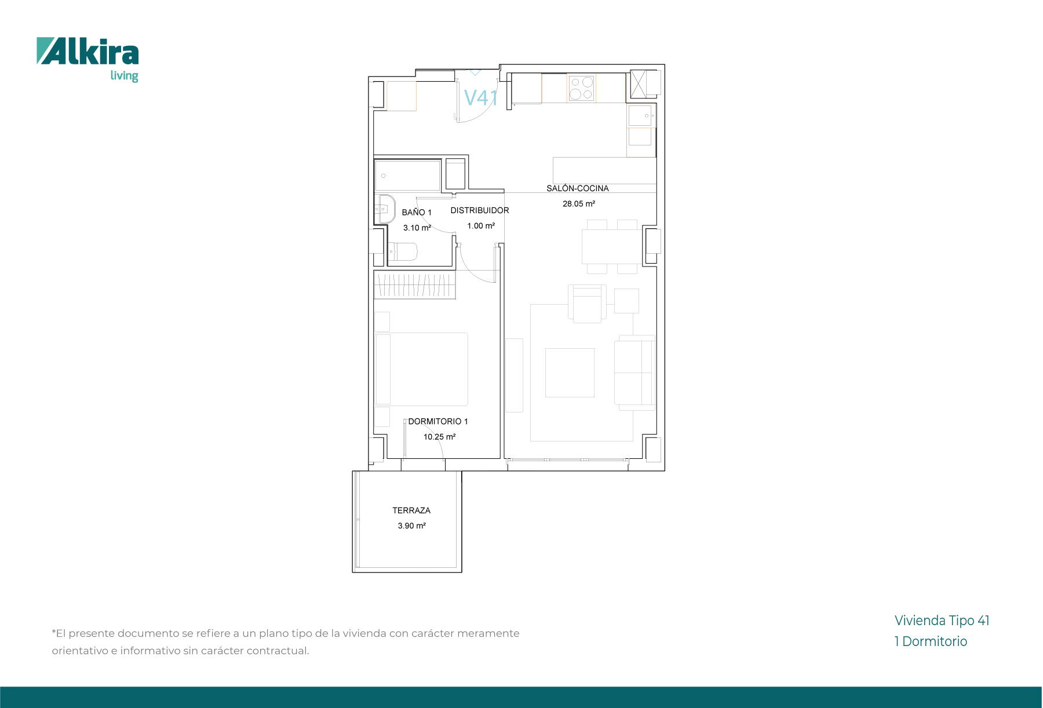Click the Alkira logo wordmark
tap(87, 52)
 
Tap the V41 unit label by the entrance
tap(481, 98)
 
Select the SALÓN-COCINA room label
tap(578, 188)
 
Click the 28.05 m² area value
tap(579, 204)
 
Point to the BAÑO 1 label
tap(417, 213)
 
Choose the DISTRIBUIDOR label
tap(480, 210)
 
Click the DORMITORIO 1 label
tap(438, 421)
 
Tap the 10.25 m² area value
tap(439, 437)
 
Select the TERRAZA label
tap(411, 510)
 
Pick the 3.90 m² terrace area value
tap(411, 526)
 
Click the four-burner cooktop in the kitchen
tap(581, 89)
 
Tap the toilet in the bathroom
tap(403, 253)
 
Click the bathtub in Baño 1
tap(408, 176)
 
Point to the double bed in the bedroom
tap(421, 369)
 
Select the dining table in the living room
tap(612, 247)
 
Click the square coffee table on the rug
tap(570, 373)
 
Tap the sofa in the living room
tap(635, 373)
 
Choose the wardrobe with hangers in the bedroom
tap(415, 284)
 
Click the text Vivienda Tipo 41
tap(942, 621)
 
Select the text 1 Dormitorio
tap(931, 641)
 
